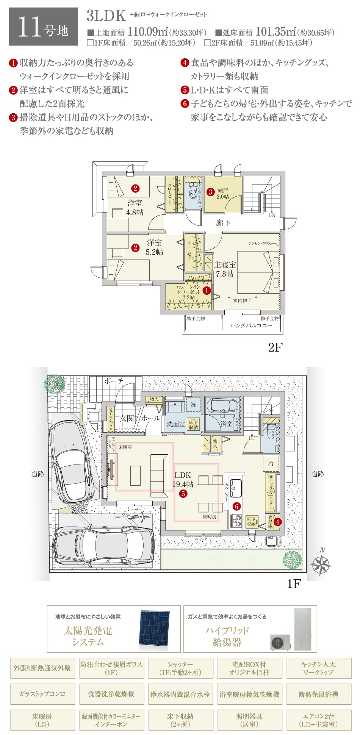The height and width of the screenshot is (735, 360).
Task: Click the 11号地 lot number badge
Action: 43,27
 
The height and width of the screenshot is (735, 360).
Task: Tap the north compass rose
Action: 321,565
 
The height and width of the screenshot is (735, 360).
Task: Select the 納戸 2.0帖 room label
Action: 222,194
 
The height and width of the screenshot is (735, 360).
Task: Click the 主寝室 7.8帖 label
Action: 225,269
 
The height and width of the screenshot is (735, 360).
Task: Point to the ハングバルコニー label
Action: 251,326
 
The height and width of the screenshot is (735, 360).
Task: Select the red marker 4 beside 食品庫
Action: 277,522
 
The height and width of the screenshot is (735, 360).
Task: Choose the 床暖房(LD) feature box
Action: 42,720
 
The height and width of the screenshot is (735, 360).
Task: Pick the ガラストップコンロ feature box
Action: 42,694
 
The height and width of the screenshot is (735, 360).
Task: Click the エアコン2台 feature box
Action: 318,720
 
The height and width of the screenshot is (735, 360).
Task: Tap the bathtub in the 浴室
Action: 222,406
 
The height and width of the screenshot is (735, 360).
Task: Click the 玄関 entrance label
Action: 127,419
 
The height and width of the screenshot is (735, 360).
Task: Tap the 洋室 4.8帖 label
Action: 135,208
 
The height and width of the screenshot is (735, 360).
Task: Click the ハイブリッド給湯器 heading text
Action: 227,636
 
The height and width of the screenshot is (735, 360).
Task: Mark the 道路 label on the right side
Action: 318,474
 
